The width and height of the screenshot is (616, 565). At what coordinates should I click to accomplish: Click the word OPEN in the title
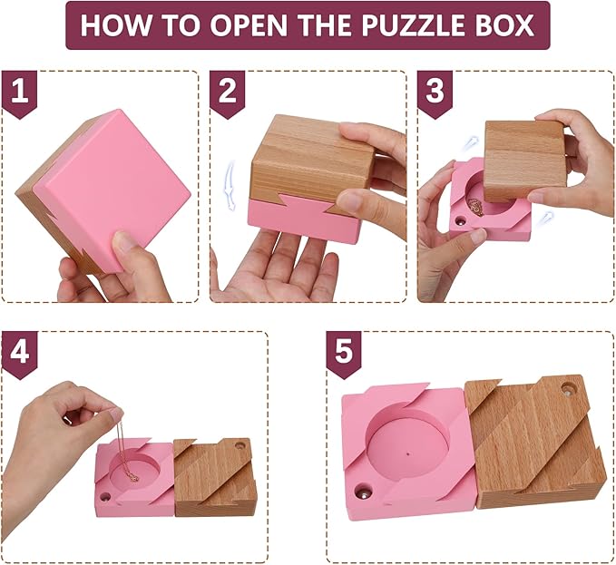pyautogui.click(x=250, y=26)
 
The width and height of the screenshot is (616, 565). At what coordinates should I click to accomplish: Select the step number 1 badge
pyautogui.click(x=20, y=94)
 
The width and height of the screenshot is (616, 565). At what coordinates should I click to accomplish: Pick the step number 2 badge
pyautogui.click(x=228, y=94)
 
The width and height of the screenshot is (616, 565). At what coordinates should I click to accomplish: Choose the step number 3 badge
pyautogui.click(x=435, y=94)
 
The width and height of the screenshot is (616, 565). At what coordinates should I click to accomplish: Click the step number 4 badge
pyautogui.click(x=20, y=355)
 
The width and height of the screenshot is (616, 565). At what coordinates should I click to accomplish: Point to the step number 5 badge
pyautogui.click(x=345, y=355)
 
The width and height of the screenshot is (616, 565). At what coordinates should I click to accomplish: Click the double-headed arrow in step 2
pyautogui.click(x=230, y=185)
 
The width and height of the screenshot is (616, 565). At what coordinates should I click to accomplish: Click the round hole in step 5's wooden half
pyautogui.click(x=569, y=389)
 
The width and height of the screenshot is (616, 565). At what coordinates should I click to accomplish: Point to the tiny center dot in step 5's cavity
pyautogui.click(x=408, y=453)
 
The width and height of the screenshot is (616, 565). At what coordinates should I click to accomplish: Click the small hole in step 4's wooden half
pyautogui.click(x=240, y=446)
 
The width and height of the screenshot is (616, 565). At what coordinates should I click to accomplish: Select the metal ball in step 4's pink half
pyautogui.click(x=105, y=497)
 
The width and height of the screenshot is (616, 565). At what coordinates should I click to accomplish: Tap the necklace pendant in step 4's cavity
pyautogui.click(x=134, y=477)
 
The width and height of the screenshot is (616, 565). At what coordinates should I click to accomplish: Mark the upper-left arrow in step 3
pyautogui.click(x=470, y=143)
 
